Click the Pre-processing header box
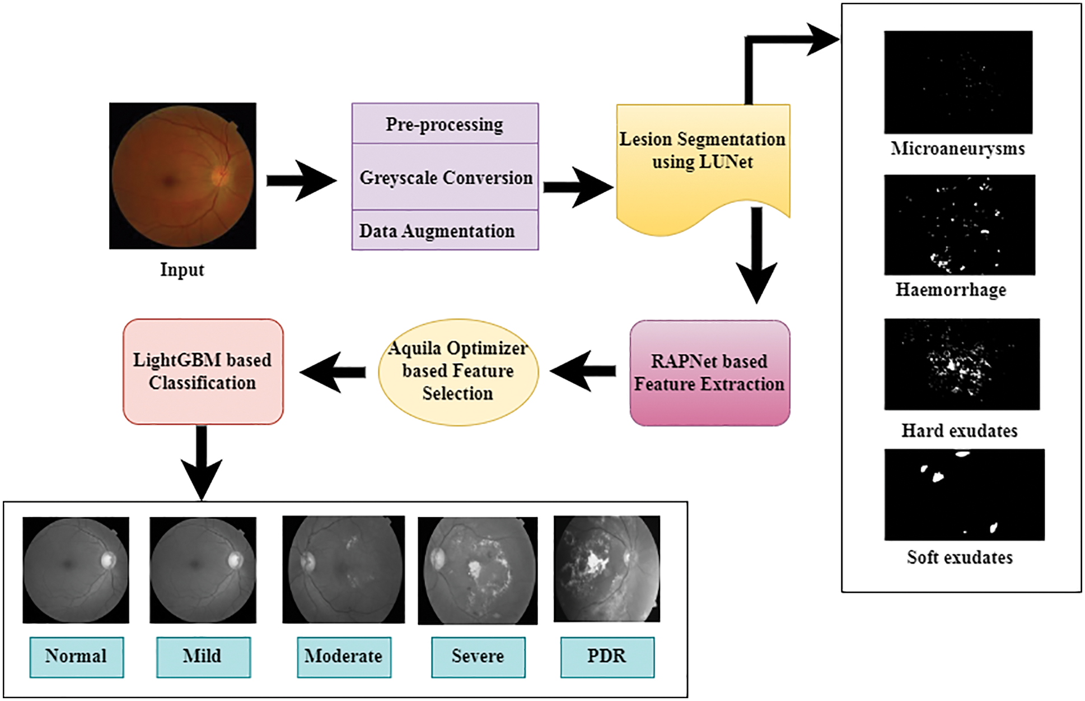click(x=445, y=124)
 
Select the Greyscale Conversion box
click(x=445, y=177)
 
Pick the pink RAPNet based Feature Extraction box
click(x=709, y=373)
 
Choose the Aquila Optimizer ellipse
click(x=458, y=371)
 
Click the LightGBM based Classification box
click(x=203, y=371)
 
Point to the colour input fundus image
click(x=183, y=175)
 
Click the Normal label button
click(x=76, y=656)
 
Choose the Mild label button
click(x=203, y=656)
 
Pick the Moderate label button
click(x=344, y=656)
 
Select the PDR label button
click(x=607, y=656)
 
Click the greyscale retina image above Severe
click(x=478, y=570)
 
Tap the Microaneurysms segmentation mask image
click(x=958, y=82)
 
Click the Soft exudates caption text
click(x=960, y=558)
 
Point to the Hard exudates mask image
click(x=961, y=364)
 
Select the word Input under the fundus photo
click(x=182, y=270)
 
